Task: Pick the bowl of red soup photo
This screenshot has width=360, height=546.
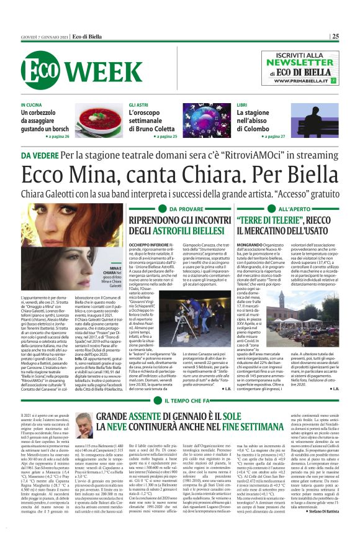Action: (x=98, y=121)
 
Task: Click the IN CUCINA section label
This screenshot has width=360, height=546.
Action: (x=31, y=105)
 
